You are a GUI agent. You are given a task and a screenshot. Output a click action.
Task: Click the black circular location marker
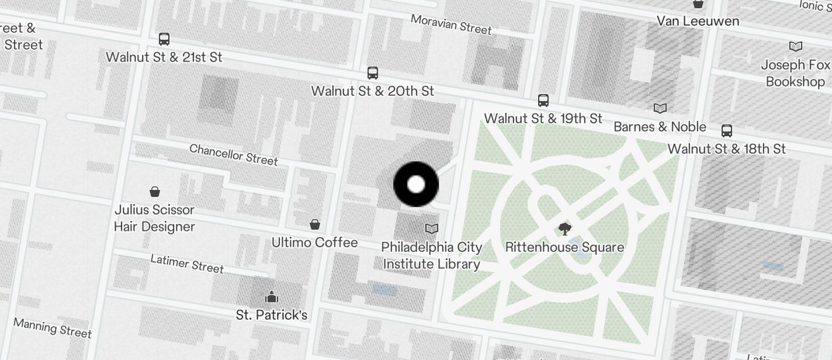(x=416, y=185)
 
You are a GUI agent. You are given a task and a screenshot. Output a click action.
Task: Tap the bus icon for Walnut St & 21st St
(x=164, y=39)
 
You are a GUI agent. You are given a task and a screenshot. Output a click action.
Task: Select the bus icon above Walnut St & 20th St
(x=373, y=73)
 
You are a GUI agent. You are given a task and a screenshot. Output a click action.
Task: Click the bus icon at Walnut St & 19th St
(x=543, y=101)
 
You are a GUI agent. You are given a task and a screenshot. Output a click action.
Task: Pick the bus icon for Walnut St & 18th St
(x=727, y=130)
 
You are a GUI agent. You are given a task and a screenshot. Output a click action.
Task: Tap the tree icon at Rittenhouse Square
(x=564, y=229)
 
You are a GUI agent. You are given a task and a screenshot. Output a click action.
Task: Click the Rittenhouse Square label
(x=564, y=247)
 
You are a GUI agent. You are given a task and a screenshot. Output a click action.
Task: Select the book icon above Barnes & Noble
(x=660, y=109)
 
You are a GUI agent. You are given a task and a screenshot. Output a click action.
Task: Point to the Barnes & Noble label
(x=660, y=127)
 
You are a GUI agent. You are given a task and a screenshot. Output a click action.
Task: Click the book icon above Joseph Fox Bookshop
(x=796, y=46)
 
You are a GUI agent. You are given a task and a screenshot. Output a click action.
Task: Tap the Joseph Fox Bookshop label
(x=795, y=73)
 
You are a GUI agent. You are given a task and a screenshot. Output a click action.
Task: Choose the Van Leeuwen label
(x=698, y=21)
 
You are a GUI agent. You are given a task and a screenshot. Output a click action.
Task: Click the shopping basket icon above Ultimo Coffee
(x=314, y=224)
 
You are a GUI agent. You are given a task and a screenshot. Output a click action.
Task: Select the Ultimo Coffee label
(x=314, y=242)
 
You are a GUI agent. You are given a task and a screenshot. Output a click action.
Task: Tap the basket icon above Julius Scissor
(x=155, y=191)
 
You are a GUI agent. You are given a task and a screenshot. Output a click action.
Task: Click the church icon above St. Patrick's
(x=271, y=297)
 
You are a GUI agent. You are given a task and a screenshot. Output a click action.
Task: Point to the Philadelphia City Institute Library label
(x=432, y=255)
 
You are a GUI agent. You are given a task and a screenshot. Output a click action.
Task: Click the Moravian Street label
(x=451, y=24)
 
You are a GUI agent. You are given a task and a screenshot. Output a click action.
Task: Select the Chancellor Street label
(x=234, y=154)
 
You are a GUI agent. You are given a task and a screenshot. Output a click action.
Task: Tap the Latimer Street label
(x=187, y=264)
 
